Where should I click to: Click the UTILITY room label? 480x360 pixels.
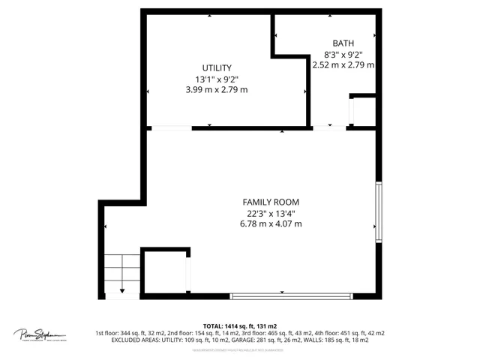click(216, 67)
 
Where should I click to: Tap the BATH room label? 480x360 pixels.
click(343, 43)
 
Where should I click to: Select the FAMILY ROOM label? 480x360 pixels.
click(270, 202)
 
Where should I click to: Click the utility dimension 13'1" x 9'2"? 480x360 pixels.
click(216, 78)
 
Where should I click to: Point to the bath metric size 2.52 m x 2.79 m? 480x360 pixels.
click(343, 65)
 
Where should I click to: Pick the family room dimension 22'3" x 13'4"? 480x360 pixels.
click(270, 213)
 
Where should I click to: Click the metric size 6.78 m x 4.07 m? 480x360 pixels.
click(270, 223)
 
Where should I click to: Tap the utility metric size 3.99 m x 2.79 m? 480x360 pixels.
click(216, 89)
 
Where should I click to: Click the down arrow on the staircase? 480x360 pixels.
click(122, 289)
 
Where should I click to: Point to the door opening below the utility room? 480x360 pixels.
click(170, 127)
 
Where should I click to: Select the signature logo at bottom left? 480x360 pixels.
click(39, 334)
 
